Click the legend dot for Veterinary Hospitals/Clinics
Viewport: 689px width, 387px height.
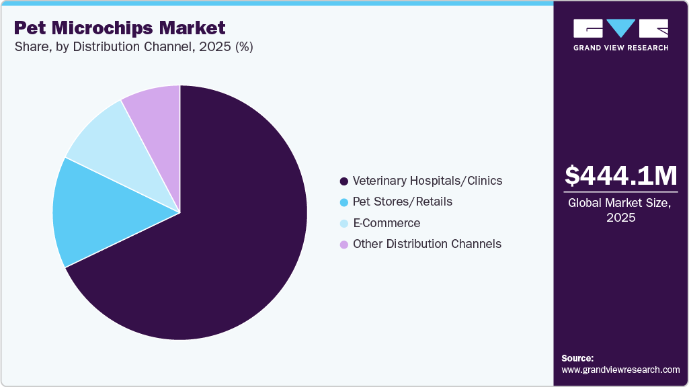pos(344,181)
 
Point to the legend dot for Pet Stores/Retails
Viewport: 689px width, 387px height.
pos(344,202)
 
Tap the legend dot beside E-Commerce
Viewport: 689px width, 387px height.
pos(344,224)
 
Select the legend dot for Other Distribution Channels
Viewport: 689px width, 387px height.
pos(344,245)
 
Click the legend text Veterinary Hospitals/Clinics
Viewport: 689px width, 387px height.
pos(428,181)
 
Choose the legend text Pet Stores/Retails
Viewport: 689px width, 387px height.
pos(403,202)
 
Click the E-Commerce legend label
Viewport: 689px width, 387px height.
pos(387,223)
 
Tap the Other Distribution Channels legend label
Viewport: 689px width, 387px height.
pos(427,244)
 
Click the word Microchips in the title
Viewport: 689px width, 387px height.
pos(108,28)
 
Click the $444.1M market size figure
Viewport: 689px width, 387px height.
pos(620,176)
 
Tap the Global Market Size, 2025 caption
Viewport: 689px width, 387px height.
pos(620,210)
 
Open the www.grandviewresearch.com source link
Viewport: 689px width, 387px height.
pos(620,370)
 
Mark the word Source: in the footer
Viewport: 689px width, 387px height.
pos(577,358)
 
